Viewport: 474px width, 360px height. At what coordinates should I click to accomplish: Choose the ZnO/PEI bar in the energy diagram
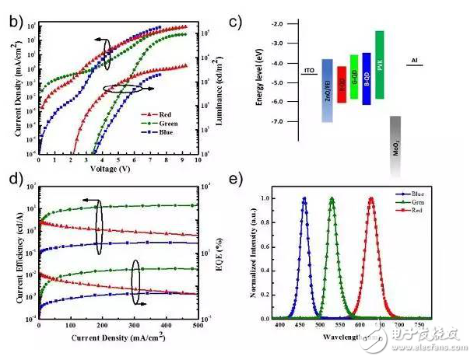327,90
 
